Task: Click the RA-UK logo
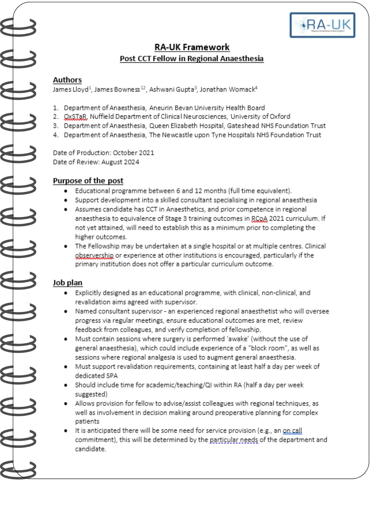click(x=322, y=25)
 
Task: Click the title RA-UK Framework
click(x=192, y=47)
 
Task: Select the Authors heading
click(x=67, y=80)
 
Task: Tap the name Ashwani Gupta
click(x=171, y=89)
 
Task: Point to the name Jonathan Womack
click(x=227, y=89)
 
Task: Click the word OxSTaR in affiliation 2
click(x=75, y=117)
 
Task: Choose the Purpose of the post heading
click(x=88, y=181)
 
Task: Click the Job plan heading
click(x=67, y=283)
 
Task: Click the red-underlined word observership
click(x=94, y=256)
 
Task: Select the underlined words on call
click(x=292, y=431)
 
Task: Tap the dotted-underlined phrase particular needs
click(x=234, y=440)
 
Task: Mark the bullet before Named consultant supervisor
click(x=66, y=312)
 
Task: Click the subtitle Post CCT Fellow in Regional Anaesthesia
click(x=192, y=58)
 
